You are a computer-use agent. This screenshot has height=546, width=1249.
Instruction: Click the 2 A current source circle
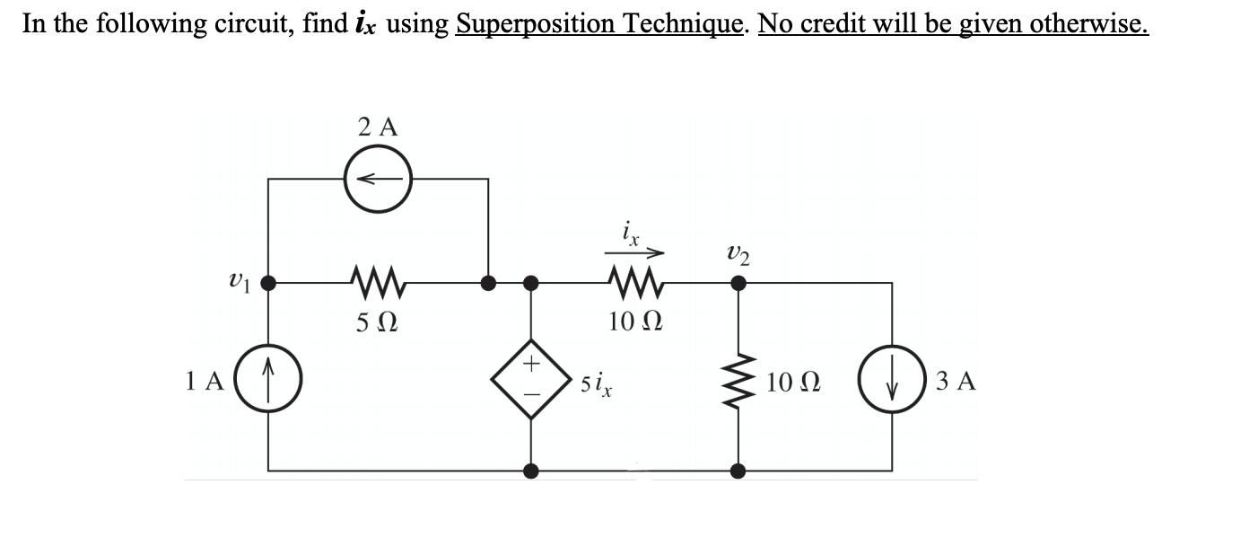pyautogui.click(x=378, y=179)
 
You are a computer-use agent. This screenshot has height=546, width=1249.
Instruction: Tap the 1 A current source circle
pyautogui.click(x=268, y=381)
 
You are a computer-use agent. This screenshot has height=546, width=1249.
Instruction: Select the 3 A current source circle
pyautogui.click(x=891, y=381)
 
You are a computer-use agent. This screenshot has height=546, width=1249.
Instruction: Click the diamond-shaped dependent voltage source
pyautogui.click(x=531, y=381)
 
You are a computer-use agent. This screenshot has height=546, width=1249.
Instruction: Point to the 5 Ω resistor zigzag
pyautogui.click(x=376, y=284)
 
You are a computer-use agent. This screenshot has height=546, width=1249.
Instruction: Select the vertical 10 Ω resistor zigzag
pyautogui.click(x=738, y=381)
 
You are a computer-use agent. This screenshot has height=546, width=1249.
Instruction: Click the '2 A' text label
pyautogui.click(x=377, y=127)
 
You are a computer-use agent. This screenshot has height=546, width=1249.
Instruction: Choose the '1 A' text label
pyautogui.click(x=205, y=382)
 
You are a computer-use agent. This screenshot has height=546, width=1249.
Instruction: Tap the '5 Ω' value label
pyautogui.click(x=376, y=320)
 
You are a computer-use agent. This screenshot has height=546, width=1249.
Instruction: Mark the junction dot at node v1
pyautogui.click(x=268, y=284)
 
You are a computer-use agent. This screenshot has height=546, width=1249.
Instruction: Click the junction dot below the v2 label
pyautogui.click(x=738, y=284)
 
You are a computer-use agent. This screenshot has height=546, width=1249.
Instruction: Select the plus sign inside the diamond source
pyautogui.click(x=531, y=364)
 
